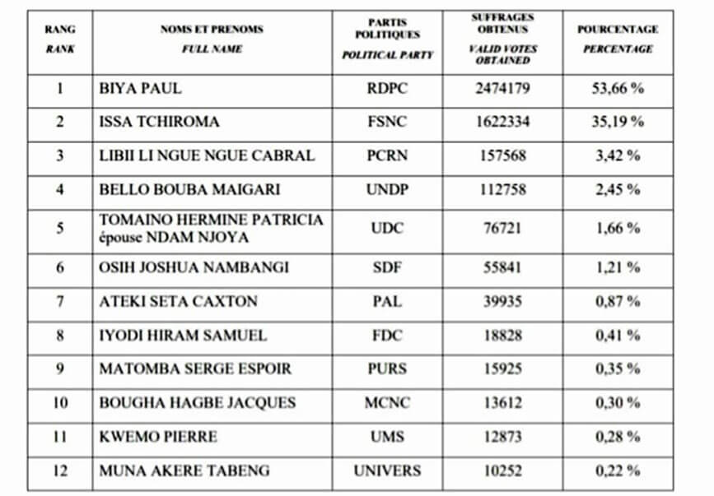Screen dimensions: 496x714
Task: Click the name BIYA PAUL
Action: pos(140,88)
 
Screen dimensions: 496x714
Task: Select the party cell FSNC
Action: pos(387,122)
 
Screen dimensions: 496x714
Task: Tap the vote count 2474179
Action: pos(502,88)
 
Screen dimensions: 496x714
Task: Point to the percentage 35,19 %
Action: pos(617,122)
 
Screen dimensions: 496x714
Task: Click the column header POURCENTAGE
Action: pos(618,30)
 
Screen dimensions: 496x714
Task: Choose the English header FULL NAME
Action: pos(212,49)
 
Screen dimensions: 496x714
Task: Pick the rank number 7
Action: pos(59,301)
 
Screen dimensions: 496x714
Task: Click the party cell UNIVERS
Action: pos(387,471)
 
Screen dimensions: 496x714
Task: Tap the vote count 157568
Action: pos(502,155)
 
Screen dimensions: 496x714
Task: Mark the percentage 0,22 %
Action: pos(617,471)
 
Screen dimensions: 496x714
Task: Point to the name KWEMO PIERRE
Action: pos(158,437)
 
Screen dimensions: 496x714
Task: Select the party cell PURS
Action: pos(387,369)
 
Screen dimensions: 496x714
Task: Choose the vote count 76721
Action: pos(502,228)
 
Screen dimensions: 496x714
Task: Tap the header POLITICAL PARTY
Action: pos(387,55)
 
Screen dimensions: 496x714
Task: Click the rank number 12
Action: pos(59,471)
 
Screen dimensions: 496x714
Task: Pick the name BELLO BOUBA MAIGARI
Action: pos(189,189)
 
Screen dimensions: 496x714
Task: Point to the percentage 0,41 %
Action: pos(617,335)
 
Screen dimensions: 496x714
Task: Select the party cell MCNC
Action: pos(387,403)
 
